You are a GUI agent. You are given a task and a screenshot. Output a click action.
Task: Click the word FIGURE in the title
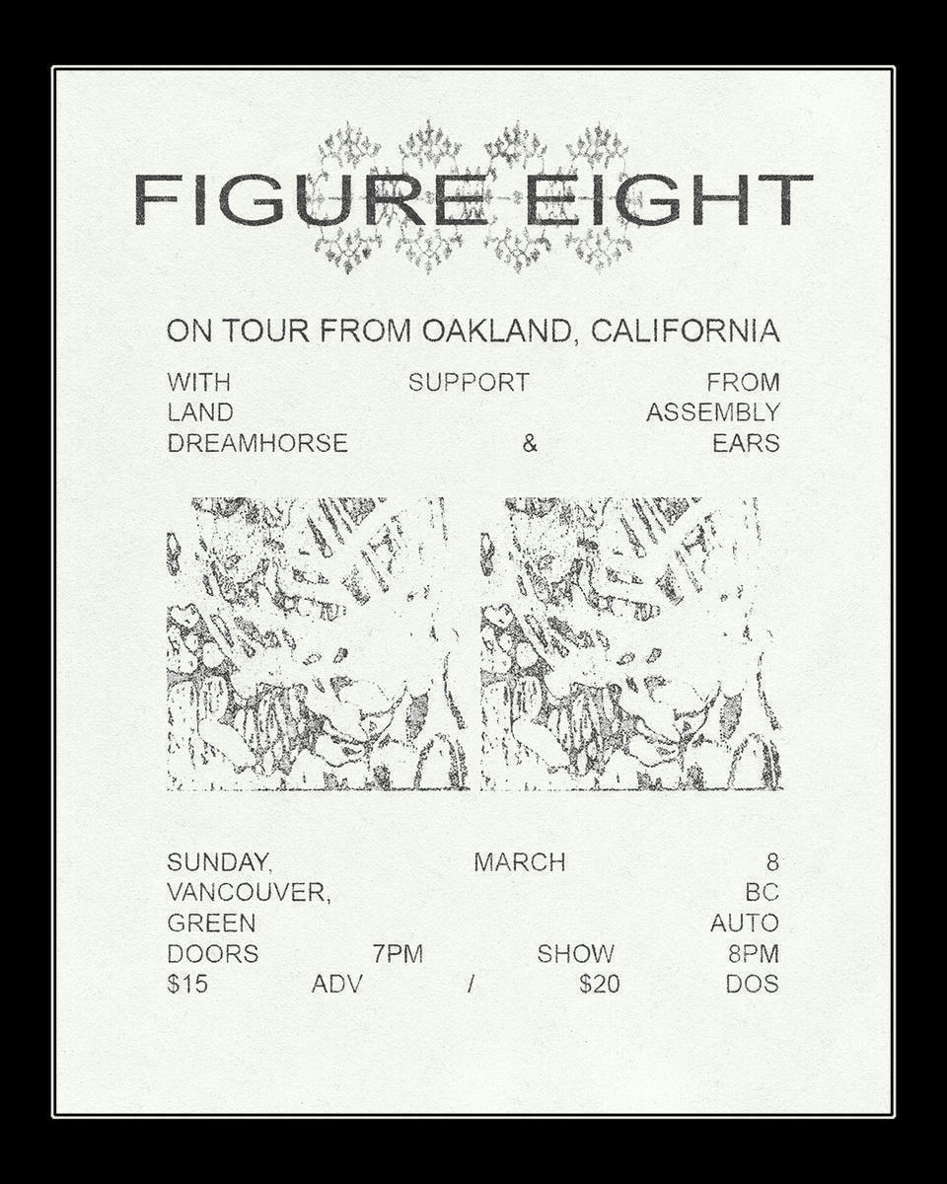(312, 199)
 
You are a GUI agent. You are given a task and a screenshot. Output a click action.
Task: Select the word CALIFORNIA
(685, 331)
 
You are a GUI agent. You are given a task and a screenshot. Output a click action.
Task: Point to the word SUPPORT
(469, 382)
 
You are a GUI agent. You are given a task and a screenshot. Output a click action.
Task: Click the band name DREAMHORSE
(257, 444)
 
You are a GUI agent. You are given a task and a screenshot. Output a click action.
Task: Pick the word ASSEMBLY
(712, 412)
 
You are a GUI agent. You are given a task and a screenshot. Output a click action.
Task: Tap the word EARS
(746, 444)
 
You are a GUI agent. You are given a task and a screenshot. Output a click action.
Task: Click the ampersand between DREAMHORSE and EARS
(530, 444)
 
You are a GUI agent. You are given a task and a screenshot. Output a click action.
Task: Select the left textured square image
(318, 643)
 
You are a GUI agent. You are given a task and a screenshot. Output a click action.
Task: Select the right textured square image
(631, 643)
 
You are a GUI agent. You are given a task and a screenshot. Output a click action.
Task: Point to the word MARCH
(520, 862)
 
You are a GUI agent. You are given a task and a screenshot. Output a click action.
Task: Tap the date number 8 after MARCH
(771, 862)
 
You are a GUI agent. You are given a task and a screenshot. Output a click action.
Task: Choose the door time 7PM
(398, 954)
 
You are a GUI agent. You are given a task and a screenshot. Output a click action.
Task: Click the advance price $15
(187, 984)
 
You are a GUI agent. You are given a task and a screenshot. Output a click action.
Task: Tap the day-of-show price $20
(600, 984)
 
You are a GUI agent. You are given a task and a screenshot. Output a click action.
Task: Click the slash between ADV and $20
(472, 984)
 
